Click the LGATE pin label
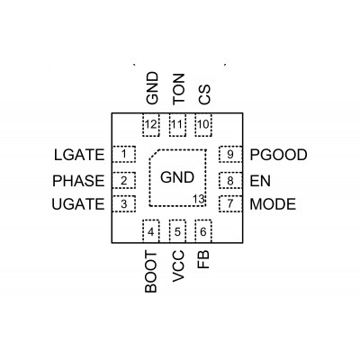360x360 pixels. (x=79, y=155)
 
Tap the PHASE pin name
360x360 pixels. (x=78, y=181)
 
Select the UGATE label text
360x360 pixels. (x=78, y=204)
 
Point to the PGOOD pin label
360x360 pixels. (x=279, y=155)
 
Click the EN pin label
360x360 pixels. (x=260, y=181)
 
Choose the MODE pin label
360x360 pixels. (x=273, y=204)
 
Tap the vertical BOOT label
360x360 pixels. (x=151, y=272)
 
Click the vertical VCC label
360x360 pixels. (x=178, y=266)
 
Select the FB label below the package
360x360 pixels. (x=203, y=260)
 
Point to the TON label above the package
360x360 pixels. (x=178, y=89)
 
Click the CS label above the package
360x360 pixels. (x=204, y=94)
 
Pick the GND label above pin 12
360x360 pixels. (x=152, y=88)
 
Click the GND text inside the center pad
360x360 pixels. (x=177, y=177)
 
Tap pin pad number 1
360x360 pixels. (x=124, y=154)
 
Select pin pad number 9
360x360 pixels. (x=230, y=154)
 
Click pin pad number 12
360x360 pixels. (x=151, y=125)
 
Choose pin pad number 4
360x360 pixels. (x=151, y=231)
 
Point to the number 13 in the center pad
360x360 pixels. (x=199, y=199)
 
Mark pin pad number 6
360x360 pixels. (x=203, y=231)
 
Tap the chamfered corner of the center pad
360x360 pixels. (x=153, y=154)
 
